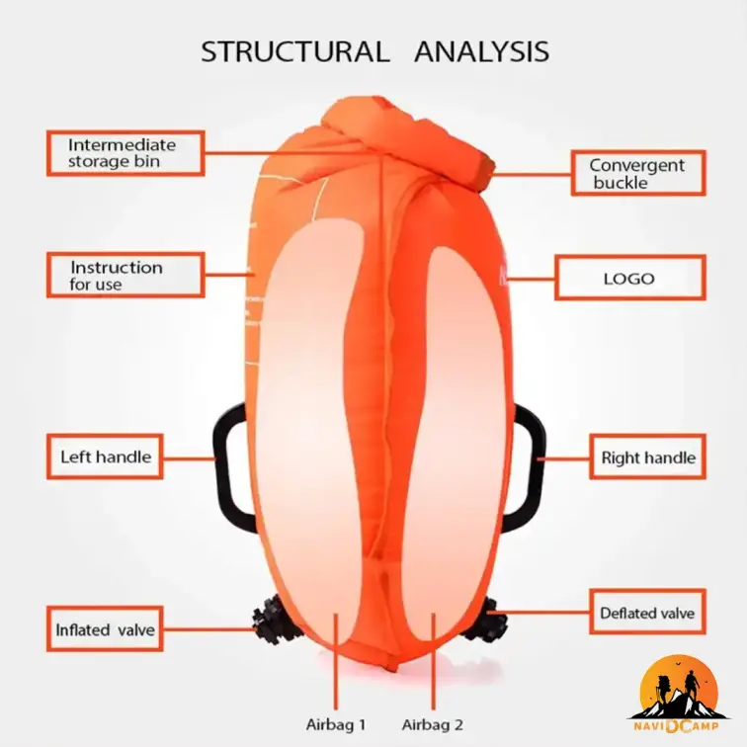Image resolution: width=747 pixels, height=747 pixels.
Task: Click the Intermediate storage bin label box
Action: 125,153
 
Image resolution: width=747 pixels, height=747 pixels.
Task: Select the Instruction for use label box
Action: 125,275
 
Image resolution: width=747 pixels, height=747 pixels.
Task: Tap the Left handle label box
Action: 106,456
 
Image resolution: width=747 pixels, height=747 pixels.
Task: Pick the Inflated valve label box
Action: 106,629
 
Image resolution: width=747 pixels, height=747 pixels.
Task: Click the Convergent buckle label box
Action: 637,174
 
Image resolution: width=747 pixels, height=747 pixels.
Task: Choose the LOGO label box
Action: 629,278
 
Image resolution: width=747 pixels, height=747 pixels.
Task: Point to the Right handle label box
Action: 648,457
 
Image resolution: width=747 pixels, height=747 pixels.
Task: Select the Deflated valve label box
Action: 647,613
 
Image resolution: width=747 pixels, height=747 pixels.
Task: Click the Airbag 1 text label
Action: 336,724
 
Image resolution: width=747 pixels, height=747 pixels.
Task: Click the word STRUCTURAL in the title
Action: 294,51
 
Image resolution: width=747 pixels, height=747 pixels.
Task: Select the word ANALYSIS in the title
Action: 481,51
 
